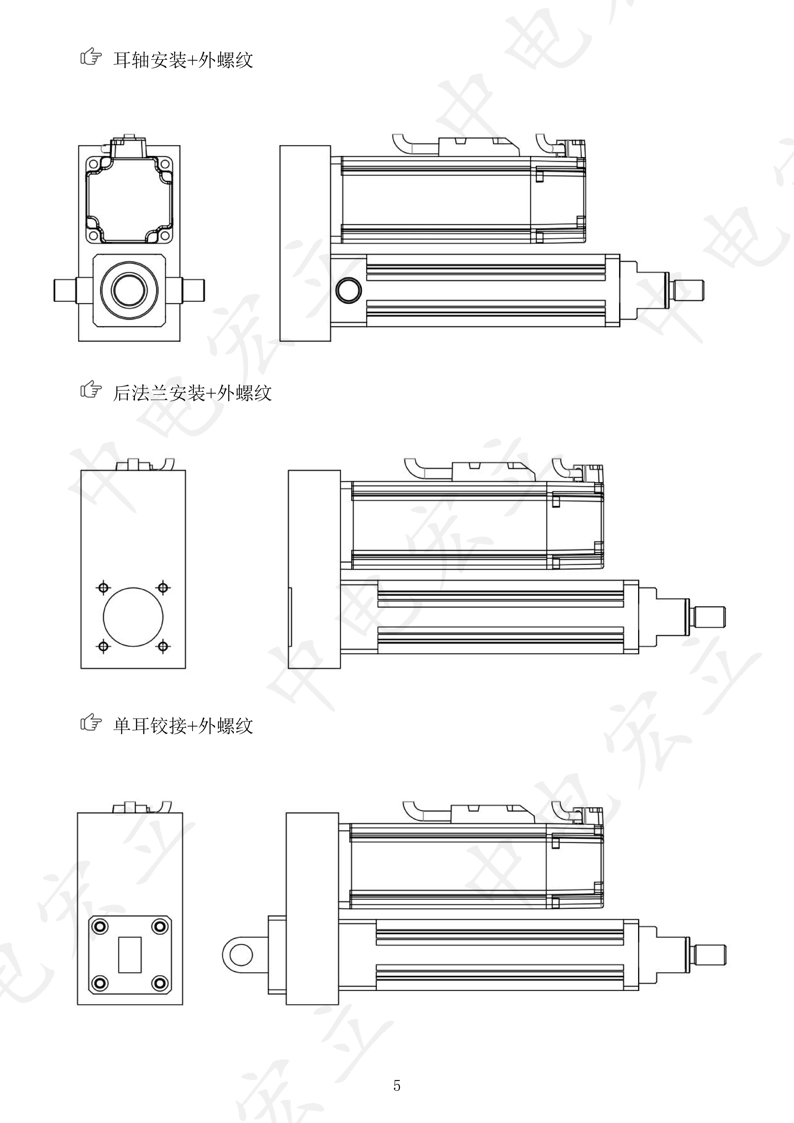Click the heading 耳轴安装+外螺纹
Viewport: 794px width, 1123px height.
click(183, 60)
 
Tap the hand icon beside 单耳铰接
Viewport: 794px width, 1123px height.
click(91, 723)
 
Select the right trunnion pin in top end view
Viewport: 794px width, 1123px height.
click(193, 290)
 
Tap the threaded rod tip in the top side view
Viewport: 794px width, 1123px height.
click(690, 290)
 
